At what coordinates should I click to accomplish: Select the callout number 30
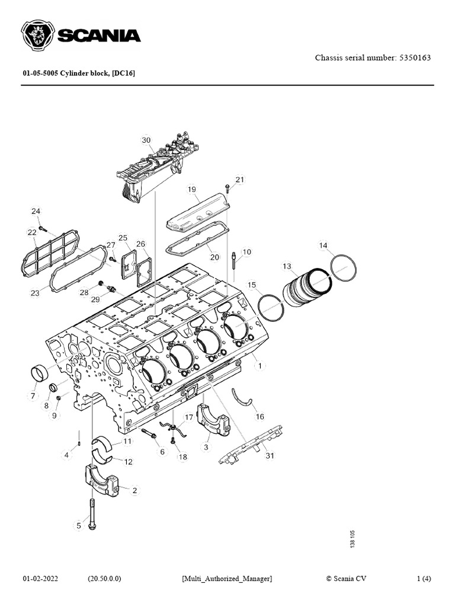146,140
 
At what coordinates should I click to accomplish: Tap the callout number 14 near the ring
323,245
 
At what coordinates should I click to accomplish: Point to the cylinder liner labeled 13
305,287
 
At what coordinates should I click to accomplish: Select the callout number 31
270,456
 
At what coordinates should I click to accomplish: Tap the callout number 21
239,179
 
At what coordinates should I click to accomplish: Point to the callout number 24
36,211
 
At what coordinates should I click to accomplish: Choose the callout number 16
259,416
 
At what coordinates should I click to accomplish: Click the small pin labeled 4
79,442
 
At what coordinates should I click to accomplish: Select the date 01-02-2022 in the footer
44,579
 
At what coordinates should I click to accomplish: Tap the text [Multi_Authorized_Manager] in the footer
227,579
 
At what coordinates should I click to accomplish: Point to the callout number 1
259,366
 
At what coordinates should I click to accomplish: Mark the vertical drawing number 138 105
353,540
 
